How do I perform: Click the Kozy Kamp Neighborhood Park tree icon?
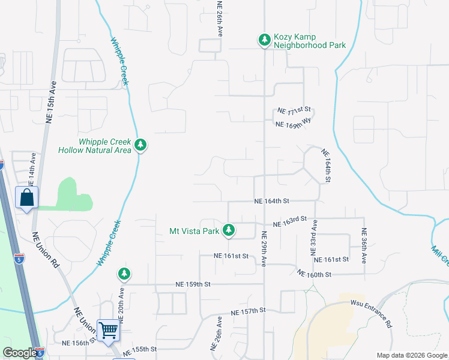click(264, 40)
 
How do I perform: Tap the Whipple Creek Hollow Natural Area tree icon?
click(140, 145)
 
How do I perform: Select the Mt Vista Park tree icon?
click(229, 230)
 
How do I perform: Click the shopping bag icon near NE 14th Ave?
click(28, 197)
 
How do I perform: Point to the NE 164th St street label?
click(272, 201)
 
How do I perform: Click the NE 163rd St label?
click(290, 222)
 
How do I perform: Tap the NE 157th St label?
click(248, 311)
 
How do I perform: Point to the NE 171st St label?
click(294, 110)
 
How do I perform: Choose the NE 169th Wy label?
click(295, 123)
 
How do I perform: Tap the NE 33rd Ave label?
click(314, 238)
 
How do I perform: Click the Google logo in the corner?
click(19, 353)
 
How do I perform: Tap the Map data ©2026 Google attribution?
click(411, 355)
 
